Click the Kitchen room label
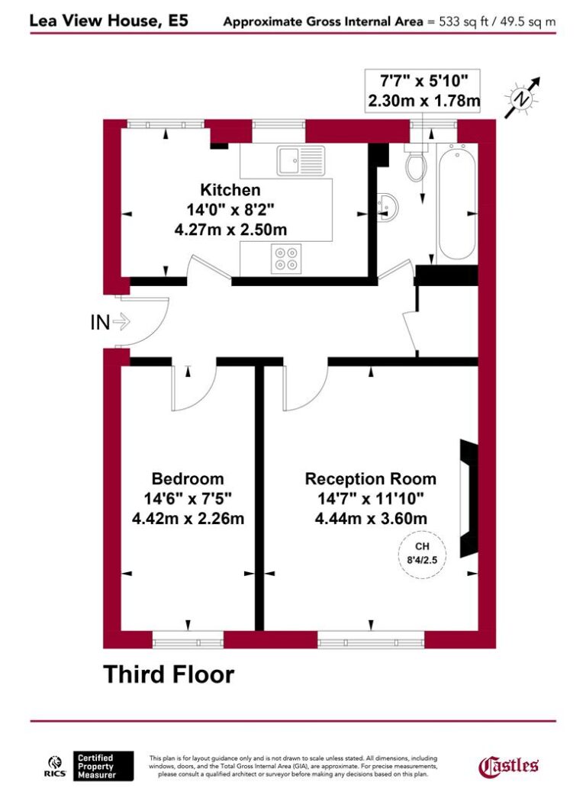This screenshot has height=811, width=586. click(x=230, y=190)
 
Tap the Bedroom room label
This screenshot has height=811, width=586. click(x=188, y=479)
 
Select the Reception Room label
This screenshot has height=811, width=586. click(x=371, y=479)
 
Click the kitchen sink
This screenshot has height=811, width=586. click(x=292, y=161)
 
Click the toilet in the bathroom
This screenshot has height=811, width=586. click(x=416, y=165)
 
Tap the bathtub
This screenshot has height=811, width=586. click(x=456, y=202)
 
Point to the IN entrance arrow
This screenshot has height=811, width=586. click(x=110, y=323)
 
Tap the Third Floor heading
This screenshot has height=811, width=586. click(x=169, y=674)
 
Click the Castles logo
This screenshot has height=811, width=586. click(x=508, y=765)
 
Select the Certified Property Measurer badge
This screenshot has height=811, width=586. click(x=104, y=766)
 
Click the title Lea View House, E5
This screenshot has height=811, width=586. click(x=109, y=21)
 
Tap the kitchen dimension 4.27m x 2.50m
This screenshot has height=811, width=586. click(x=230, y=227)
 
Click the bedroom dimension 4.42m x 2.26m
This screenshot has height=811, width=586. click(x=188, y=518)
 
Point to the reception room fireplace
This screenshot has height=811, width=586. click(x=468, y=500)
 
